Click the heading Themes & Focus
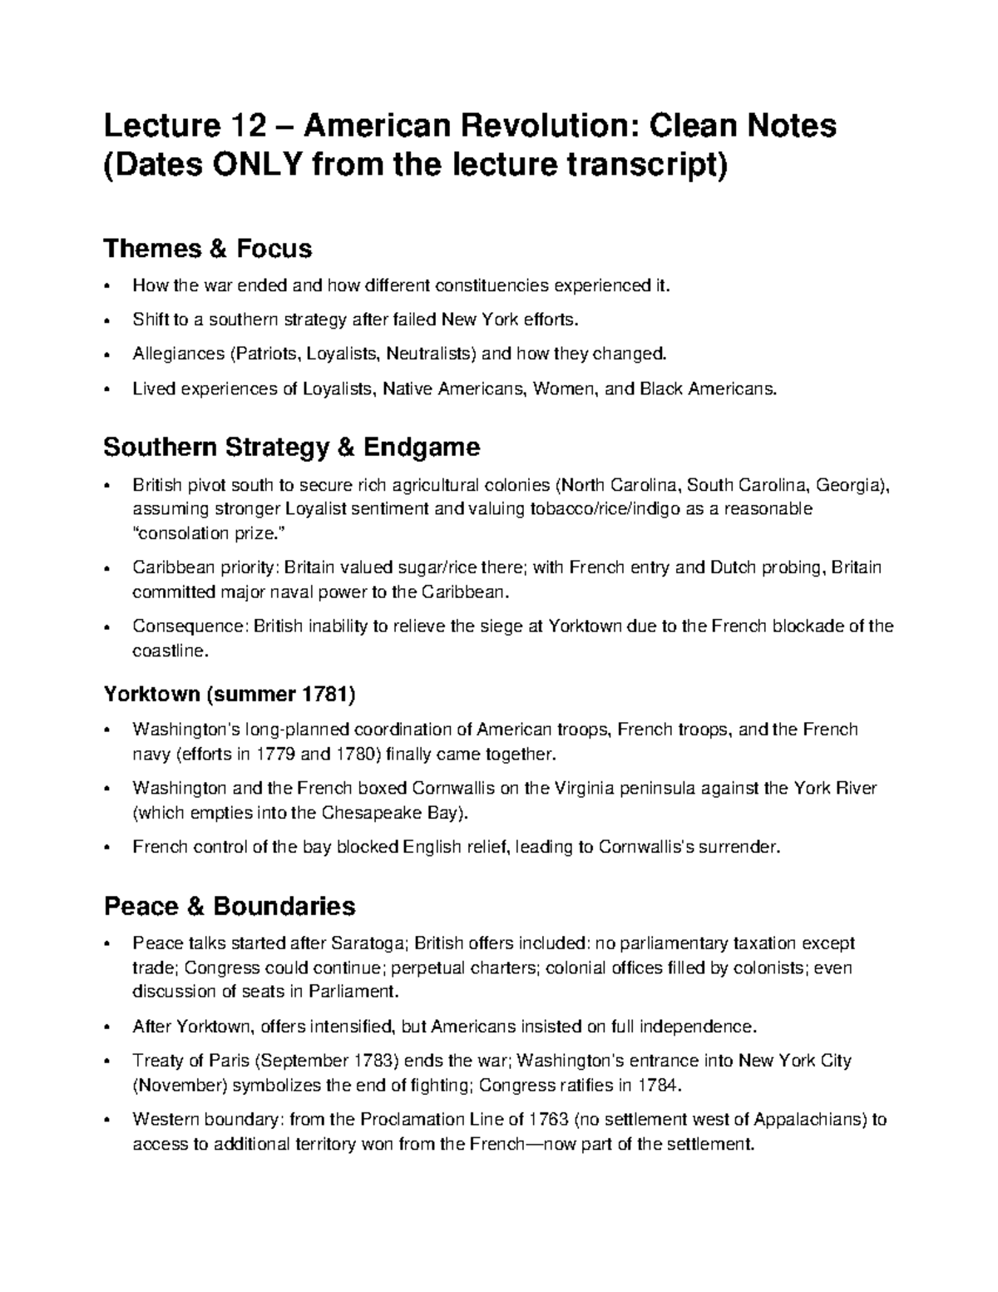pyautogui.click(x=207, y=248)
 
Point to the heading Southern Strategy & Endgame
pyautogui.click(x=291, y=448)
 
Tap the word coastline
pyautogui.click(x=166, y=651)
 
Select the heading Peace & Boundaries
pyautogui.click(x=229, y=905)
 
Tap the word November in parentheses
pyautogui.click(x=178, y=1086)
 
